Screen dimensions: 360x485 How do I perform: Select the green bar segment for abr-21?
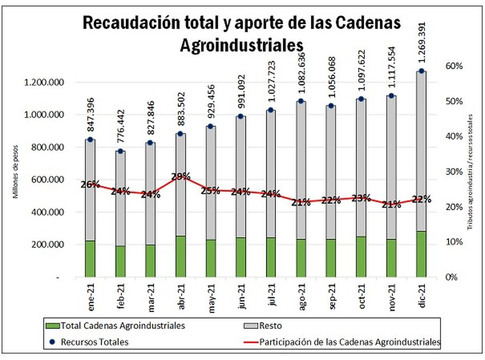(181, 256)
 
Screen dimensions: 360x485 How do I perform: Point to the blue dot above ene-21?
(90, 140)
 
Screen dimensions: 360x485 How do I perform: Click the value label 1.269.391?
(421, 35)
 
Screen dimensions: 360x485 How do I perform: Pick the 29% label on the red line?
(181, 176)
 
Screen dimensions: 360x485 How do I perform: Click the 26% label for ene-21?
(90, 184)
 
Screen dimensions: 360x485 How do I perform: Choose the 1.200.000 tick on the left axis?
(44, 83)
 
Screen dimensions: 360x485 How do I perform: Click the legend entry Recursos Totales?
(94, 342)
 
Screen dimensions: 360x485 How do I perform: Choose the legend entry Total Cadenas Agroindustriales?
(123, 325)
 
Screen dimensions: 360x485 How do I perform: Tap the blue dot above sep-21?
(331, 106)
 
